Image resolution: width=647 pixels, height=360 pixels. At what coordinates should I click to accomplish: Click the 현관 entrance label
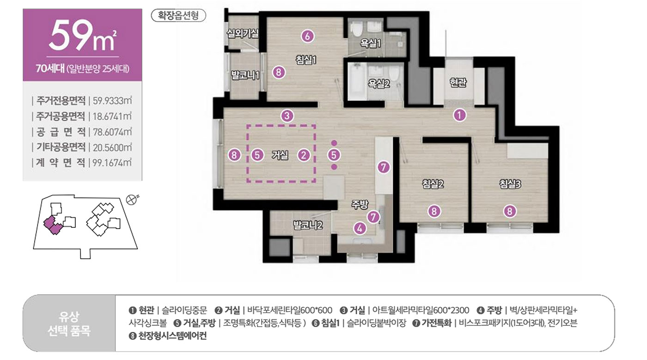[x=458, y=83]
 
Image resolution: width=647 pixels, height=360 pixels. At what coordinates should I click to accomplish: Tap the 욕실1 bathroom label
[x=370, y=43]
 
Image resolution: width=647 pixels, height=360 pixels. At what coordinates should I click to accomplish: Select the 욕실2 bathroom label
[x=378, y=84]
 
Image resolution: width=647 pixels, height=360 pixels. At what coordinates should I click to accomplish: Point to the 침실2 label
[x=433, y=184]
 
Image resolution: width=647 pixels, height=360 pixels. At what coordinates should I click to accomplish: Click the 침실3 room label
[x=510, y=184]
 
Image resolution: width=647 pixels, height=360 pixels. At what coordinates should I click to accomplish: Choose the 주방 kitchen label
[x=360, y=205]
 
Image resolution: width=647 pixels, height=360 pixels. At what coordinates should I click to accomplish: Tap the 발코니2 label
[x=308, y=225]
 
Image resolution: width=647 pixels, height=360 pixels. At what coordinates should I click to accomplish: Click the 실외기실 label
[x=242, y=34]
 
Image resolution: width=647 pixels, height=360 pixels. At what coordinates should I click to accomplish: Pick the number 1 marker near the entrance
[x=459, y=116]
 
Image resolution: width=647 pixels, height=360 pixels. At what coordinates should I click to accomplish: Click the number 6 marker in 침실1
[x=307, y=37]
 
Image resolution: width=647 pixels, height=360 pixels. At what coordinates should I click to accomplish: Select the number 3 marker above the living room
[x=287, y=116]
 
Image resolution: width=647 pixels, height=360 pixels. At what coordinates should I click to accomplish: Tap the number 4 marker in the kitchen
[x=360, y=228]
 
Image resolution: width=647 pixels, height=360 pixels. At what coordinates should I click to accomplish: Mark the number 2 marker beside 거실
[x=304, y=155]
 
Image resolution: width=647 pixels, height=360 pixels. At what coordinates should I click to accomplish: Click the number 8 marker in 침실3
[x=510, y=211]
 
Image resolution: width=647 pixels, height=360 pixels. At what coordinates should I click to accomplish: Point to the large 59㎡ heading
[x=83, y=36]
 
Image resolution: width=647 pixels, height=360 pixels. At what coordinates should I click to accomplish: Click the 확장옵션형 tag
[x=178, y=16]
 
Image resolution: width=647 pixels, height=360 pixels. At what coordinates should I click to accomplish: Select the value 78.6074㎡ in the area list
[x=112, y=132]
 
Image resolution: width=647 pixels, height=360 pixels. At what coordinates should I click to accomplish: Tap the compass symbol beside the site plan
[x=132, y=200]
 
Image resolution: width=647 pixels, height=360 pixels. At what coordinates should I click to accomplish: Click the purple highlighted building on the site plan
[x=53, y=225]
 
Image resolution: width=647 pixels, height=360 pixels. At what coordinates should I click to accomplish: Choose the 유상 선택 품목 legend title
[x=69, y=323]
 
